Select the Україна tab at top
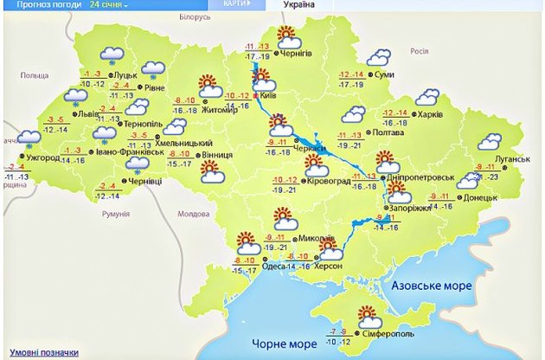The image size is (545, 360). pos(298,5)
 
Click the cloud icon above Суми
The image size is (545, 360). pos(378,58)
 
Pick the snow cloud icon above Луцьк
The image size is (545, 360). pos(111,56)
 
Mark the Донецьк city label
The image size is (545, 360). pos(482,197)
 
